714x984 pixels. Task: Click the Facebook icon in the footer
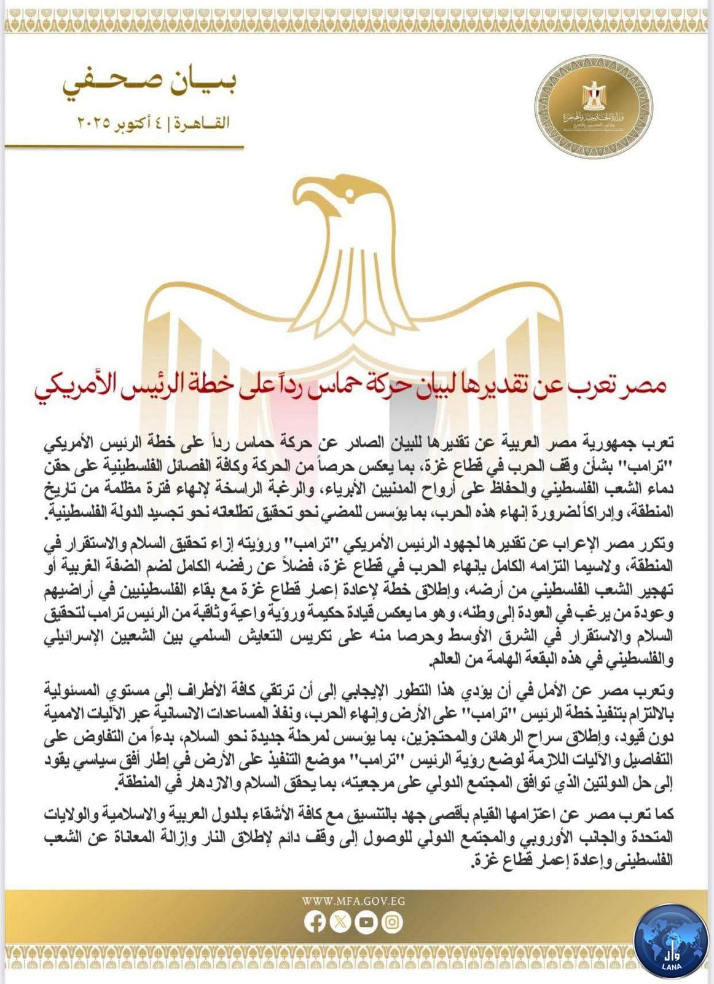click(315, 921)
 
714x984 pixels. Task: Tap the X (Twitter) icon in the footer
click(340, 921)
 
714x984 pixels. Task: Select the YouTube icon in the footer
click(366, 921)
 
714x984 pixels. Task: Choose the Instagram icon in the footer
click(391, 921)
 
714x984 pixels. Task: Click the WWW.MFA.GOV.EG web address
click(353, 902)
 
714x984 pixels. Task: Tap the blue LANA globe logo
click(672, 942)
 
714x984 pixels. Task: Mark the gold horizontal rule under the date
click(124, 148)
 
